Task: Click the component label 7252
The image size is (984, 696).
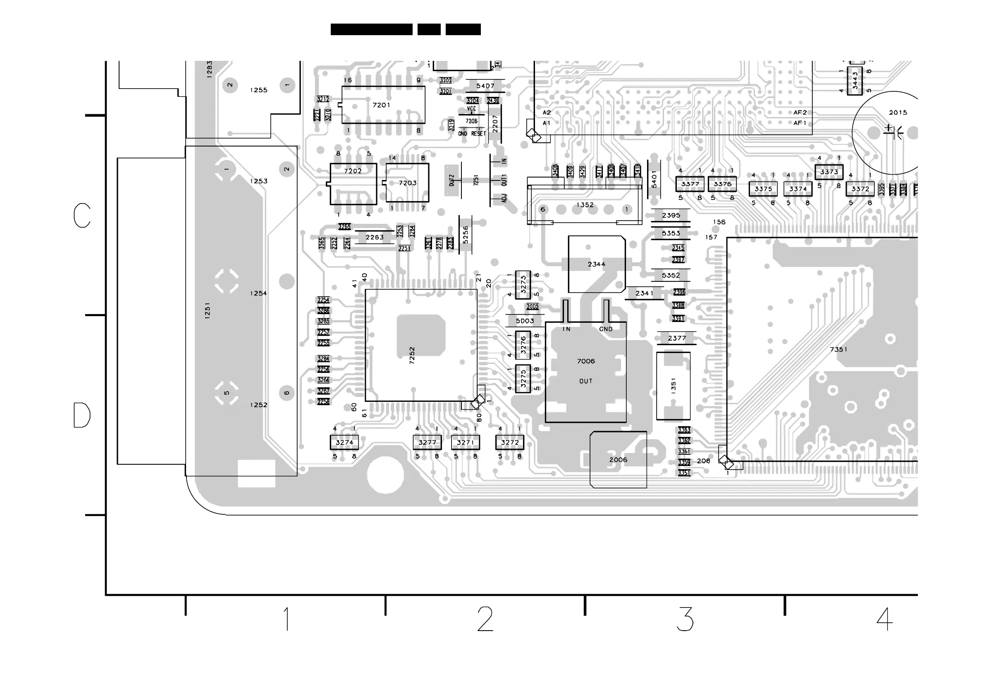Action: tap(412, 355)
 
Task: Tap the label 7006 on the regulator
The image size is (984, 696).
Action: tap(586, 361)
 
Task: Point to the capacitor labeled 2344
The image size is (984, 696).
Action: tap(597, 264)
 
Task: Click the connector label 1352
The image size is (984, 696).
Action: tap(585, 205)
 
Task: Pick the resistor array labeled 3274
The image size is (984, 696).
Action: tap(344, 442)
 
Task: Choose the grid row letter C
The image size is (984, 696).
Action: tap(82, 215)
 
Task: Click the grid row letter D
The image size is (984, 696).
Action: tap(82, 415)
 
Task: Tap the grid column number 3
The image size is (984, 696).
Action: tap(685, 619)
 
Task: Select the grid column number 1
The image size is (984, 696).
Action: tap(286, 619)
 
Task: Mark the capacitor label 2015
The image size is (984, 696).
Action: tap(898, 113)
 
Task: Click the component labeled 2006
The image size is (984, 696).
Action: tap(618, 460)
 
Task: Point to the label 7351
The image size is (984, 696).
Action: tap(838, 350)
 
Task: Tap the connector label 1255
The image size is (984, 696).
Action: tap(258, 90)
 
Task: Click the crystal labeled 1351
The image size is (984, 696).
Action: tap(673, 386)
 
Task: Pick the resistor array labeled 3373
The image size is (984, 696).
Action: tap(829, 172)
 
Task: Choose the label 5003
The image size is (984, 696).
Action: tap(525, 321)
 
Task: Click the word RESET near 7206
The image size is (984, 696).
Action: tap(478, 134)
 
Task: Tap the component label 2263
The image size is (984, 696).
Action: tap(375, 237)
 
